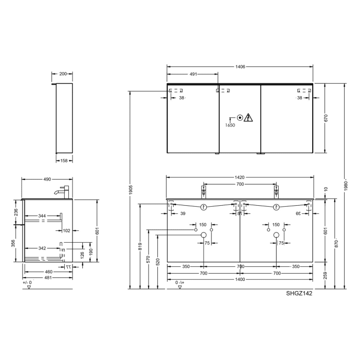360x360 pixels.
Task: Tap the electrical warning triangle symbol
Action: click(x=249, y=117)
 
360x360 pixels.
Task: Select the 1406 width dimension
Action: click(x=240, y=67)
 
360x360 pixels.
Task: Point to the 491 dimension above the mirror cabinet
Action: click(x=193, y=75)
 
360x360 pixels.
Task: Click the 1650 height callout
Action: click(x=229, y=125)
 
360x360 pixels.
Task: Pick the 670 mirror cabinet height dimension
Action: click(x=326, y=118)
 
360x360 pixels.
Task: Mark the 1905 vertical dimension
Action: click(x=131, y=188)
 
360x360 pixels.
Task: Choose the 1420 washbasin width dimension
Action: click(x=240, y=177)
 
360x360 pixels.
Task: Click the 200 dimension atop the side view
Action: click(x=63, y=74)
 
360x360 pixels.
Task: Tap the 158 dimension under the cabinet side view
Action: click(x=63, y=160)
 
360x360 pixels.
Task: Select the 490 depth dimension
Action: click(x=47, y=179)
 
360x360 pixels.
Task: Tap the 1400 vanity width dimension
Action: click(x=240, y=279)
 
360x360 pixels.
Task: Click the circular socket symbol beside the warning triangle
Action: click(x=239, y=117)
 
